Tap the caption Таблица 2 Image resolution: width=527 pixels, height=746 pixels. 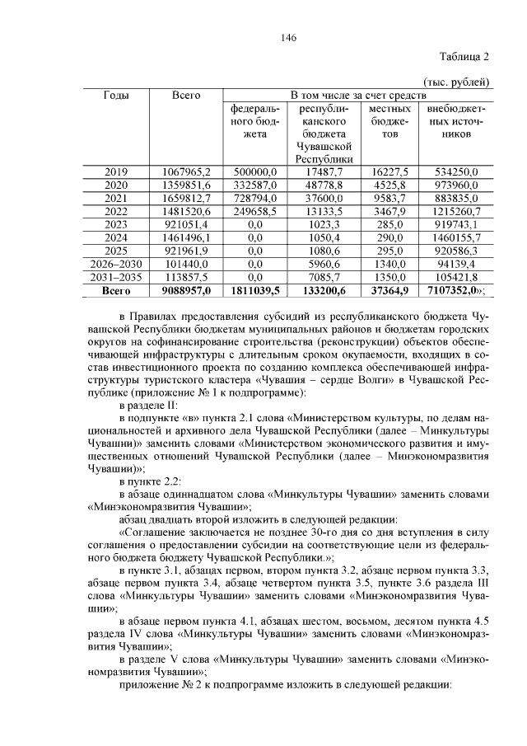[463, 57]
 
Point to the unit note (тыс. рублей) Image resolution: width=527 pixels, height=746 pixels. [455, 82]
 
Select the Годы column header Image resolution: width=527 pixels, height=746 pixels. [116, 96]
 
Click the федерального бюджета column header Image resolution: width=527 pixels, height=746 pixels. [255, 120]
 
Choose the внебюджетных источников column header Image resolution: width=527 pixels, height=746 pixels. [455, 120]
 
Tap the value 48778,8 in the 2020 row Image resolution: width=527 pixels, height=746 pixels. [325, 185]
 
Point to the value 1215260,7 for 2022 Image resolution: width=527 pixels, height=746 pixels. [455, 211]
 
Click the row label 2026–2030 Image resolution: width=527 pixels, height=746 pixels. [116, 264]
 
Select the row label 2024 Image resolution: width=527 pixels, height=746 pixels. [116, 237]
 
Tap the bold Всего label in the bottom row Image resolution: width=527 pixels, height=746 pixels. [116, 290]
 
